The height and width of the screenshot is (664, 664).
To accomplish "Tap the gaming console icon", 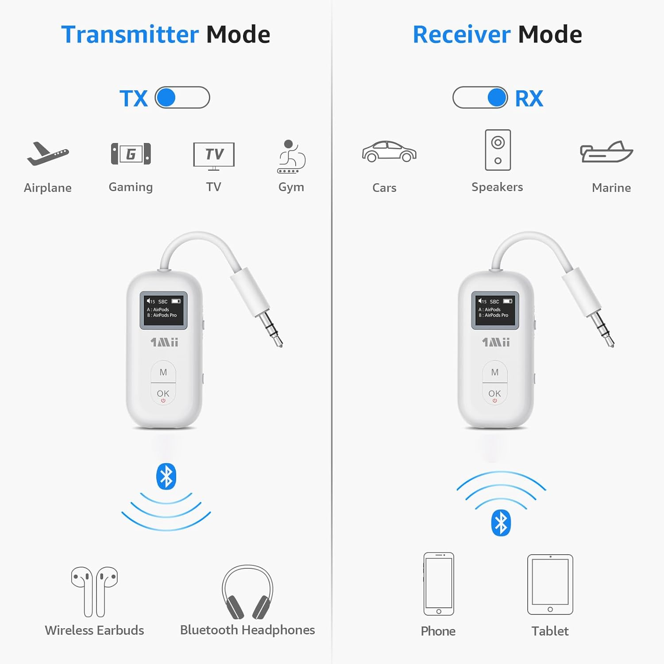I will [x=131, y=154].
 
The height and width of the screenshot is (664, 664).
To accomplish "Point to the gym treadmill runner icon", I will [x=291, y=157].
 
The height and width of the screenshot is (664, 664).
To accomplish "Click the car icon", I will [x=389, y=152].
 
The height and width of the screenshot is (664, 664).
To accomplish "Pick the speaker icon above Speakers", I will [x=498, y=150].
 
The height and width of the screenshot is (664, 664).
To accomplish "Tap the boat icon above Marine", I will [x=607, y=152].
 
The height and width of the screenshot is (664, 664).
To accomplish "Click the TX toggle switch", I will [x=182, y=97].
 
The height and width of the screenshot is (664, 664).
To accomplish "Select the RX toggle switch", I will [x=480, y=97].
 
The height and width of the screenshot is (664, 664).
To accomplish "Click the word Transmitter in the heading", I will [x=130, y=35].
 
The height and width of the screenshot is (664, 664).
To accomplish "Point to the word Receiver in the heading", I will [x=461, y=35].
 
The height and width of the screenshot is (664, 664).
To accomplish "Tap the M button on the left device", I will [x=163, y=372].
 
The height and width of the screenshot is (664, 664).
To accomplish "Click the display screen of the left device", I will [x=164, y=310].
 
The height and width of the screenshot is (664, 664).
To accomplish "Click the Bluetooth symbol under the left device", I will [x=166, y=476].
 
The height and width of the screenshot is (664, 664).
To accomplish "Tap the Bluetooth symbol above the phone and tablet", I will [x=501, y=523].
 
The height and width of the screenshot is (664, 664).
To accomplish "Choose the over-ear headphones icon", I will [x=247, y=592].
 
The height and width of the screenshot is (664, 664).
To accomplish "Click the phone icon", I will [x=439, y=584].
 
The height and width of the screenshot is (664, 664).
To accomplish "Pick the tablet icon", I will [x=550, y=584].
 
